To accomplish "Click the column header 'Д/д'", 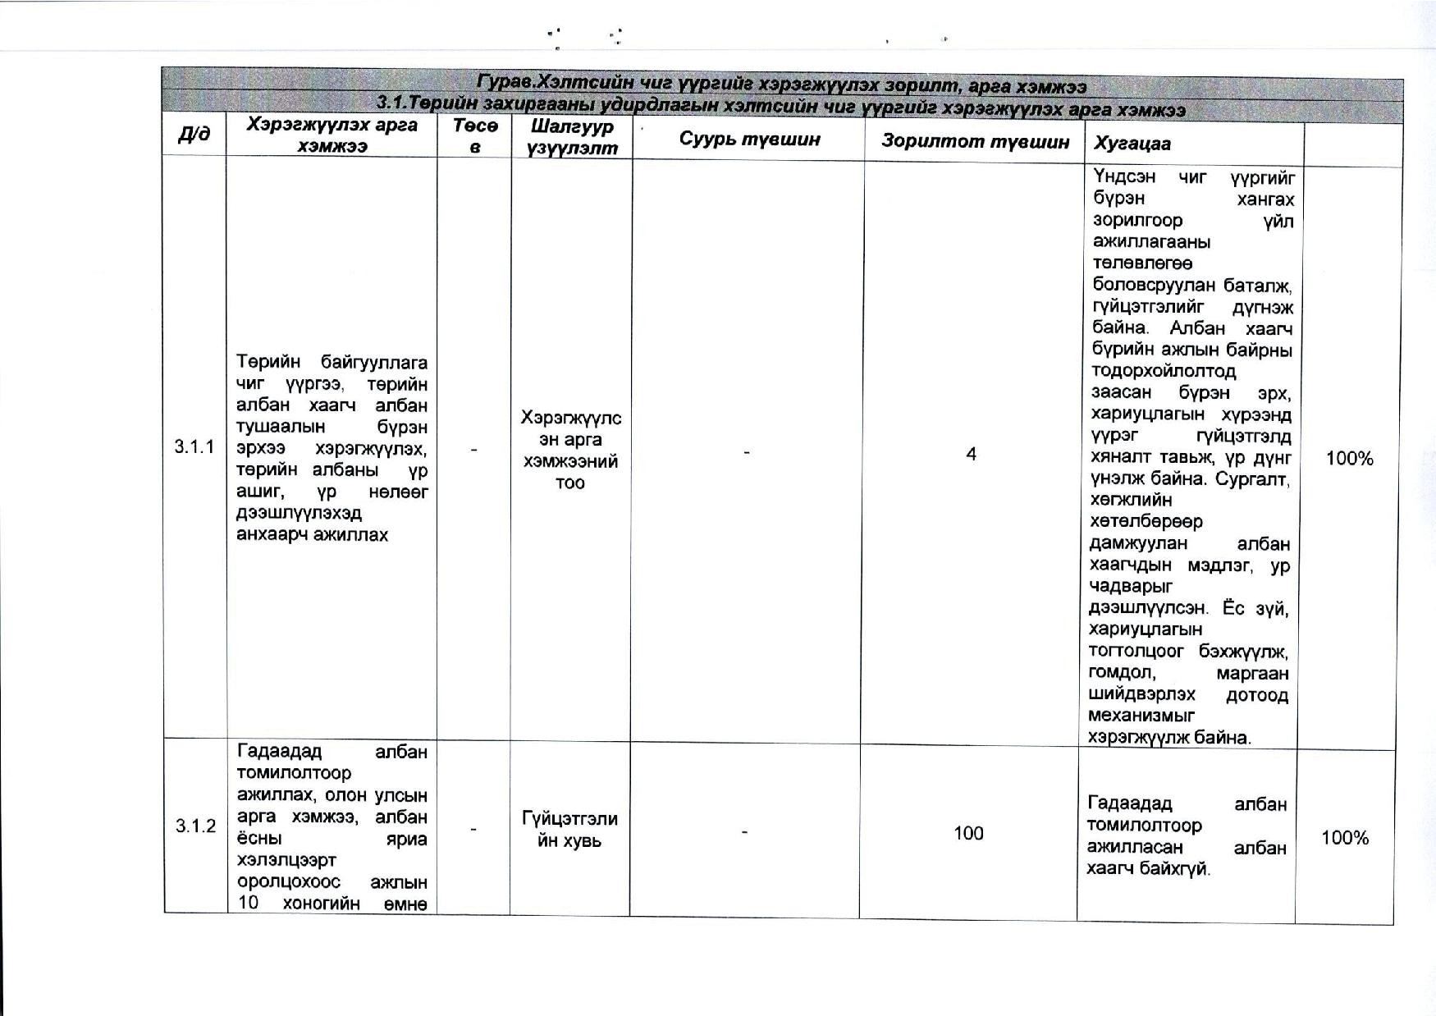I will click(194, 135).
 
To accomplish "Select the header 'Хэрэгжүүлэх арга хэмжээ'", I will click(332, 135).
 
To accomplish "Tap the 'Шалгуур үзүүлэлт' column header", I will click(571, 137).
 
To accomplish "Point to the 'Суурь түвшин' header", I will click(749, 139).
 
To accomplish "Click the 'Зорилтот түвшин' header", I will click(975, 141).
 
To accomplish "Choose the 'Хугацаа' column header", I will click(1132, 144).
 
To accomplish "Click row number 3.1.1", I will click(194, 446).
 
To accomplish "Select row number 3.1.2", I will click(195, 826).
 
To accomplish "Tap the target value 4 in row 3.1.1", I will click(971, 454).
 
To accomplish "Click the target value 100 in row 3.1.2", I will click(968, 834).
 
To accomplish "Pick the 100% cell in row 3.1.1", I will click(1349, 459).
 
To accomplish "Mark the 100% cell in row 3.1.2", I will click(1345, 838).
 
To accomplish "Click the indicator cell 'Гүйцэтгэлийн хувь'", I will click(569, 830).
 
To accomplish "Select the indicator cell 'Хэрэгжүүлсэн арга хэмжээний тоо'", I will click(570, 450).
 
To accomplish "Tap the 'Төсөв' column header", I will click(475, 136).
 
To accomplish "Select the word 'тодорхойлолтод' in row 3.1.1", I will click(1163, 371).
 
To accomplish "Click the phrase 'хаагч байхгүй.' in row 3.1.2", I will click(1148, 868).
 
